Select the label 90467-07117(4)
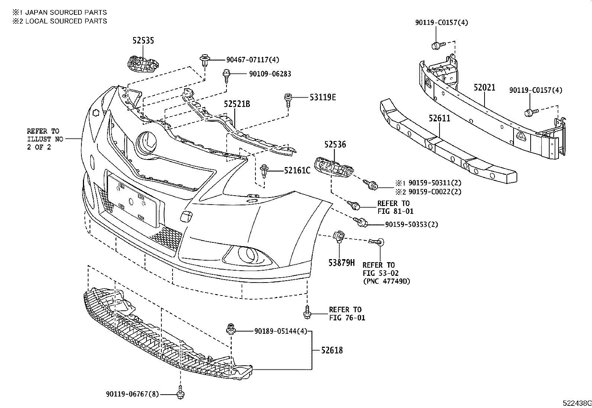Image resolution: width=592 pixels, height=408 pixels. pyautogui.click(x=253, y=59)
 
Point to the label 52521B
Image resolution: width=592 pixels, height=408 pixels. pyautogui.click(x=237, y=104)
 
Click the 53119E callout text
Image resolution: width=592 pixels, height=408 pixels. pyautogui.click(x=323, y=97)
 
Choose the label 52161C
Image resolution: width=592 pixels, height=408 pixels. pyautogui.click(x=297, y=170)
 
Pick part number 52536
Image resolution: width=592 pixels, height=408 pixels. pyautogui.click(x=335, y=144)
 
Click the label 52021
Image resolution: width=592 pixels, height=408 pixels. pyautogui.click(x=485, y=88)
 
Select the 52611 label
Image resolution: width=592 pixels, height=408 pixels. pyautogui.click(x=439, y=118)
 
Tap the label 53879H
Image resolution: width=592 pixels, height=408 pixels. pyautogui.click(x=341, y=263)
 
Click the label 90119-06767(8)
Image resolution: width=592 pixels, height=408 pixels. pyautogui.click(x=130, y=394)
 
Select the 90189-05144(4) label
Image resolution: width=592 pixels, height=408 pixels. pyautogui.click(x=281, y=331)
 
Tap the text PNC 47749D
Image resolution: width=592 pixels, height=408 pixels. pyautogui.click(x=386, y=281)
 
